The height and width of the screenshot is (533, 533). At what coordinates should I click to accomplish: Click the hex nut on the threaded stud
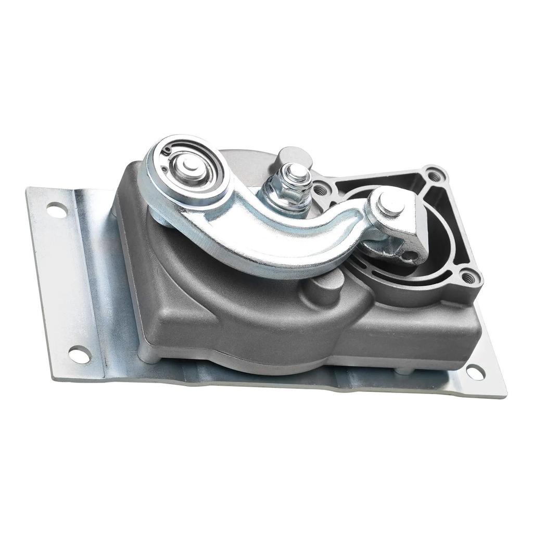coord(287,188)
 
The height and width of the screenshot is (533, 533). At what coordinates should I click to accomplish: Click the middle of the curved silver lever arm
coord(271,234)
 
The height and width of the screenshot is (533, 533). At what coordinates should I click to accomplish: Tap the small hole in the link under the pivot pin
coord(411,255)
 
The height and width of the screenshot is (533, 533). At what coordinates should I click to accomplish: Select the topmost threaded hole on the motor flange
coord(433,175)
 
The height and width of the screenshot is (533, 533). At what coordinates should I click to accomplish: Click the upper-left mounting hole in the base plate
coord(56,211)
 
